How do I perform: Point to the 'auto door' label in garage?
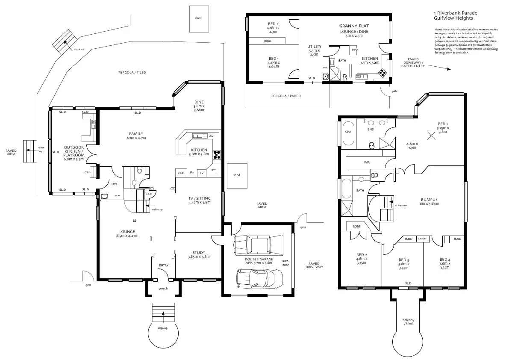pos(285,263)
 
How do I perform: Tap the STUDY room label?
pos(199,252)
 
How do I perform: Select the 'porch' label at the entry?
pos(163,288)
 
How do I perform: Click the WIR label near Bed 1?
pos(367,162)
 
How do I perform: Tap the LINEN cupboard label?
pos(422,239)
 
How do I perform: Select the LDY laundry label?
pos(114,184)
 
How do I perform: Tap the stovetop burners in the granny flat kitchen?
pos(384,72)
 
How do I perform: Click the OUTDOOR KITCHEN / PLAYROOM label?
pos(74,152)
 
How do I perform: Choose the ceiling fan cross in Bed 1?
pos(433,136)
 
